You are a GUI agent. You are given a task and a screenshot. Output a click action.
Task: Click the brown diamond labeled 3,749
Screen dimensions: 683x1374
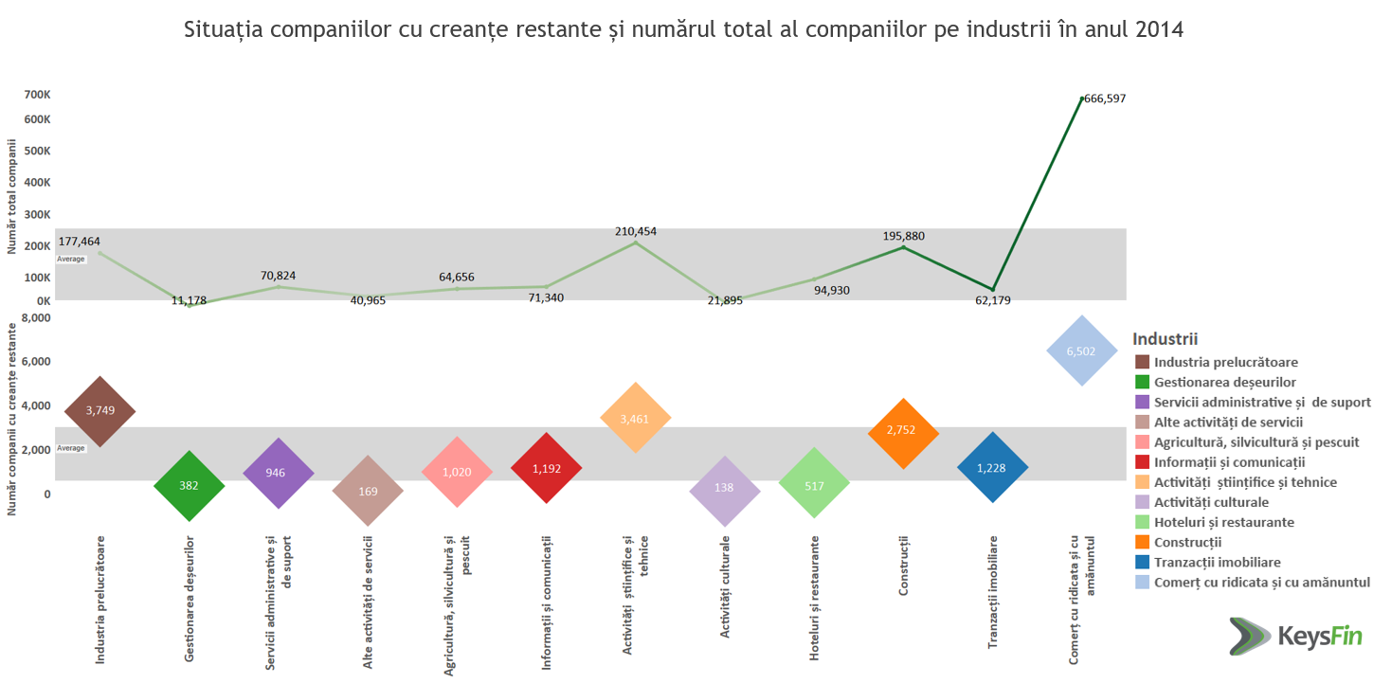[x=100, y=411]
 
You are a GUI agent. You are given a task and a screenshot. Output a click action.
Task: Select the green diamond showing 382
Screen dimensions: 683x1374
[x=189, y=485]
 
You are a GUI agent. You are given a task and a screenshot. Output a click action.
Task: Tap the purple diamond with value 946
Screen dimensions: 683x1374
[x=278, y=473]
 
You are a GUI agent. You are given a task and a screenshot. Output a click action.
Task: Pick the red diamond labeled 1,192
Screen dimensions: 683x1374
[x=546, y=468]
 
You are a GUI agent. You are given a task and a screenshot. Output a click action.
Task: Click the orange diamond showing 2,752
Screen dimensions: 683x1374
[x=902, y=433]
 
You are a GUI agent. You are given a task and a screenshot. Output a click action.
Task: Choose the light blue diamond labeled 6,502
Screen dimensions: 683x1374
[x=1081, y=350]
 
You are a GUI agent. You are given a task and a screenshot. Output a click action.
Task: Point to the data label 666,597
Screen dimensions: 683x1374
[x=1105, y=99]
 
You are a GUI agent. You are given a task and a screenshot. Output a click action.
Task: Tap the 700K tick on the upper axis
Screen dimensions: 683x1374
[x=37, y=95]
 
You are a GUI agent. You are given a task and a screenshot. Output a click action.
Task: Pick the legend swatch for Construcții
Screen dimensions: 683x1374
[x=1142, y=543]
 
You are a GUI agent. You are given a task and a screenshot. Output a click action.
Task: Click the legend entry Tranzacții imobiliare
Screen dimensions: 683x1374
[x=1217, y=562]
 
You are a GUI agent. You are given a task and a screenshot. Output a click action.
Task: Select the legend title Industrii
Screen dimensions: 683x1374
[x=1166, y=339]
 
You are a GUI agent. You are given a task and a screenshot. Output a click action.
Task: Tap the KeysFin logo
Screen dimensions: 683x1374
[x=1295, y=634]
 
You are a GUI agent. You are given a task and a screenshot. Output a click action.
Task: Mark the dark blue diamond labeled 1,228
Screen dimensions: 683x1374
[x=992, y=468]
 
